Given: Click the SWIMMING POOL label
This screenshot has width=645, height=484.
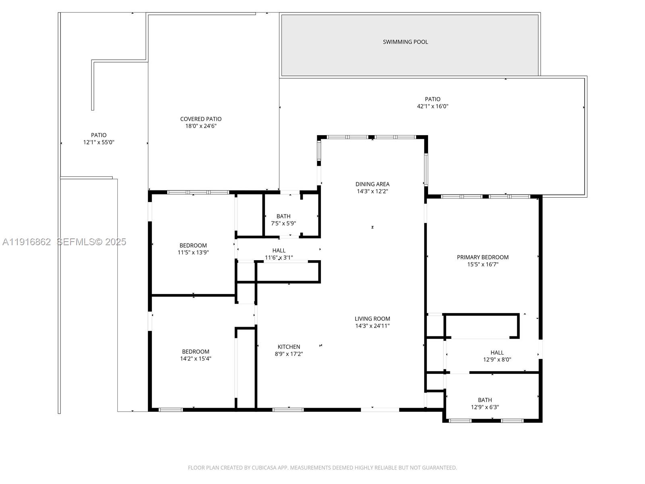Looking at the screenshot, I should click(x=405, y=42).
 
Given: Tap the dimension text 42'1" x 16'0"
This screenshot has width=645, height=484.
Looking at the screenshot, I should click(x=433, y=106).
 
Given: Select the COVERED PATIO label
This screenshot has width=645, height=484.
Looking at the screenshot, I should click(x=201, y=119).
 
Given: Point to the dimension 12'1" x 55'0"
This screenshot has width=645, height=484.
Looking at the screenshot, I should click(x=99, y=142).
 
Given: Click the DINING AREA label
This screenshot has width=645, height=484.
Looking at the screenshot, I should click(x=372, y=184).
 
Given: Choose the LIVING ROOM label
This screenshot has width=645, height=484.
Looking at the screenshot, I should click(x=372, y=319).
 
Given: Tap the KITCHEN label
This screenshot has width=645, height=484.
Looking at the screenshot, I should click(x=289, y=347).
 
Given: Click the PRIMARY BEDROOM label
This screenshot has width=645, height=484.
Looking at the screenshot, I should click(x=483, y=257).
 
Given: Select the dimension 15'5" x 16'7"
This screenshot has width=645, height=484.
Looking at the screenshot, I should click(x=483, y=265).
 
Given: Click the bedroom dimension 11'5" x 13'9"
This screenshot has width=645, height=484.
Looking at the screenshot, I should click(x=193, y=252).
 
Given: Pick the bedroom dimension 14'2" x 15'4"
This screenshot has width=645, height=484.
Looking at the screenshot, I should click(x=196, y=359).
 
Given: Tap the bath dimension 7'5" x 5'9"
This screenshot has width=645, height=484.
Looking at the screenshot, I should click(x=283, y=223).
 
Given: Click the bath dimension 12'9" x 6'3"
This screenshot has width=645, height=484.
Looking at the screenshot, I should click(x=485, y=407).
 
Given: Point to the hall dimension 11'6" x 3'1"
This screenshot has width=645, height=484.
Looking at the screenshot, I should click(x=279, y=258).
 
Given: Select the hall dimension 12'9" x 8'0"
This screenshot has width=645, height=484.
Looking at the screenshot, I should click(x=497, y=360).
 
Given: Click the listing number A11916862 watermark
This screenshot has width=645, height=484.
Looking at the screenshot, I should click(x=27, y=242).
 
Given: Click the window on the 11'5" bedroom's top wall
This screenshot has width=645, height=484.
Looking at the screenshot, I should click(x=198, y=192).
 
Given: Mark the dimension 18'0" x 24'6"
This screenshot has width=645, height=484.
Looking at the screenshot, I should click(x=201, y=126).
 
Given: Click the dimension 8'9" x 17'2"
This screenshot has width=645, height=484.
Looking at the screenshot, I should click(x=289, y=354).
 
